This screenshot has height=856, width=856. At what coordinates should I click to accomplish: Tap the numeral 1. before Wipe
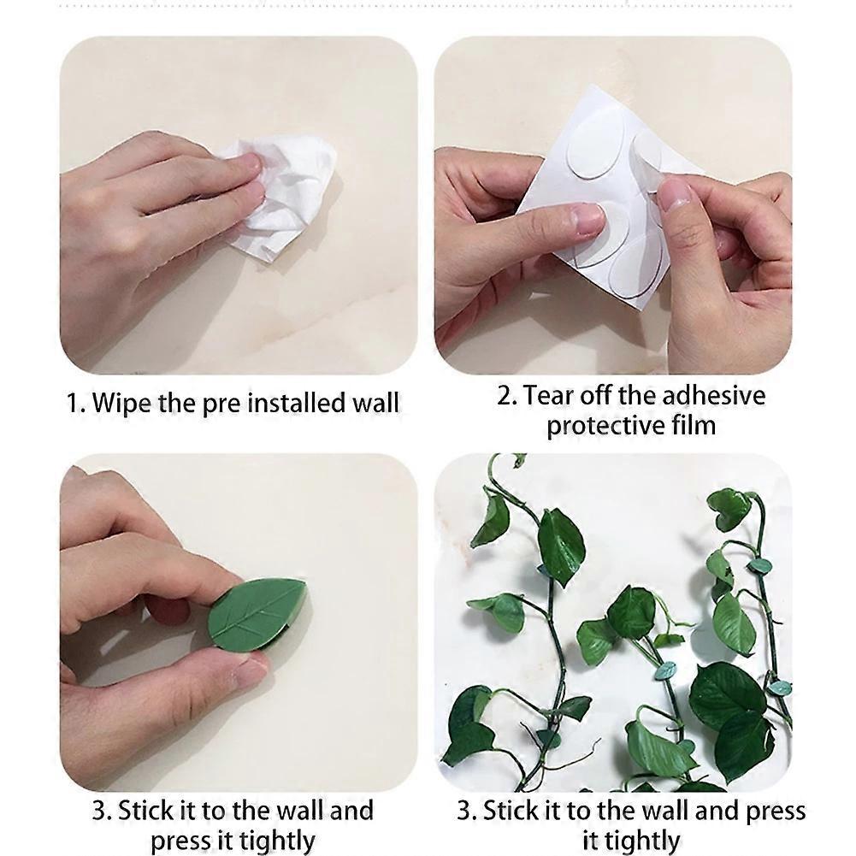click(76, 402)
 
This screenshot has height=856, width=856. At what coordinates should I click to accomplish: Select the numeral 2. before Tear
click(507, 396)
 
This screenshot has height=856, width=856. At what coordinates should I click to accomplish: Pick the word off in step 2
click(599, 396)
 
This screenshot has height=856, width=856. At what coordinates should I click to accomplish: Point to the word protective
click(601, 425)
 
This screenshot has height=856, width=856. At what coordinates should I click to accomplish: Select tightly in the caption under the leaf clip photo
click(268, 840)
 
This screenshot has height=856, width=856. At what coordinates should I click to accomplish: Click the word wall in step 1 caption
click(375, 402)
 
